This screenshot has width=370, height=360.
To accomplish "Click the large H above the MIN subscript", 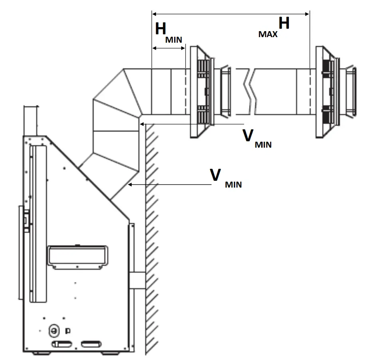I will pos(161,29).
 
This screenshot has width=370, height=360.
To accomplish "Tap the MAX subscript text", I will pos(268,34).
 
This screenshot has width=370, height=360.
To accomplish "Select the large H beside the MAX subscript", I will pos(284,24).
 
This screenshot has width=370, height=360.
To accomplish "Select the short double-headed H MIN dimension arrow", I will pos(169,48).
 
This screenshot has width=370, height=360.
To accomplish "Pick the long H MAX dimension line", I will pos(231,14).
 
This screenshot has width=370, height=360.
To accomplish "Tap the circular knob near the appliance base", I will pos(53,330).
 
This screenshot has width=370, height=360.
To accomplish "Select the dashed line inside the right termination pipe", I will pos(310,92).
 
